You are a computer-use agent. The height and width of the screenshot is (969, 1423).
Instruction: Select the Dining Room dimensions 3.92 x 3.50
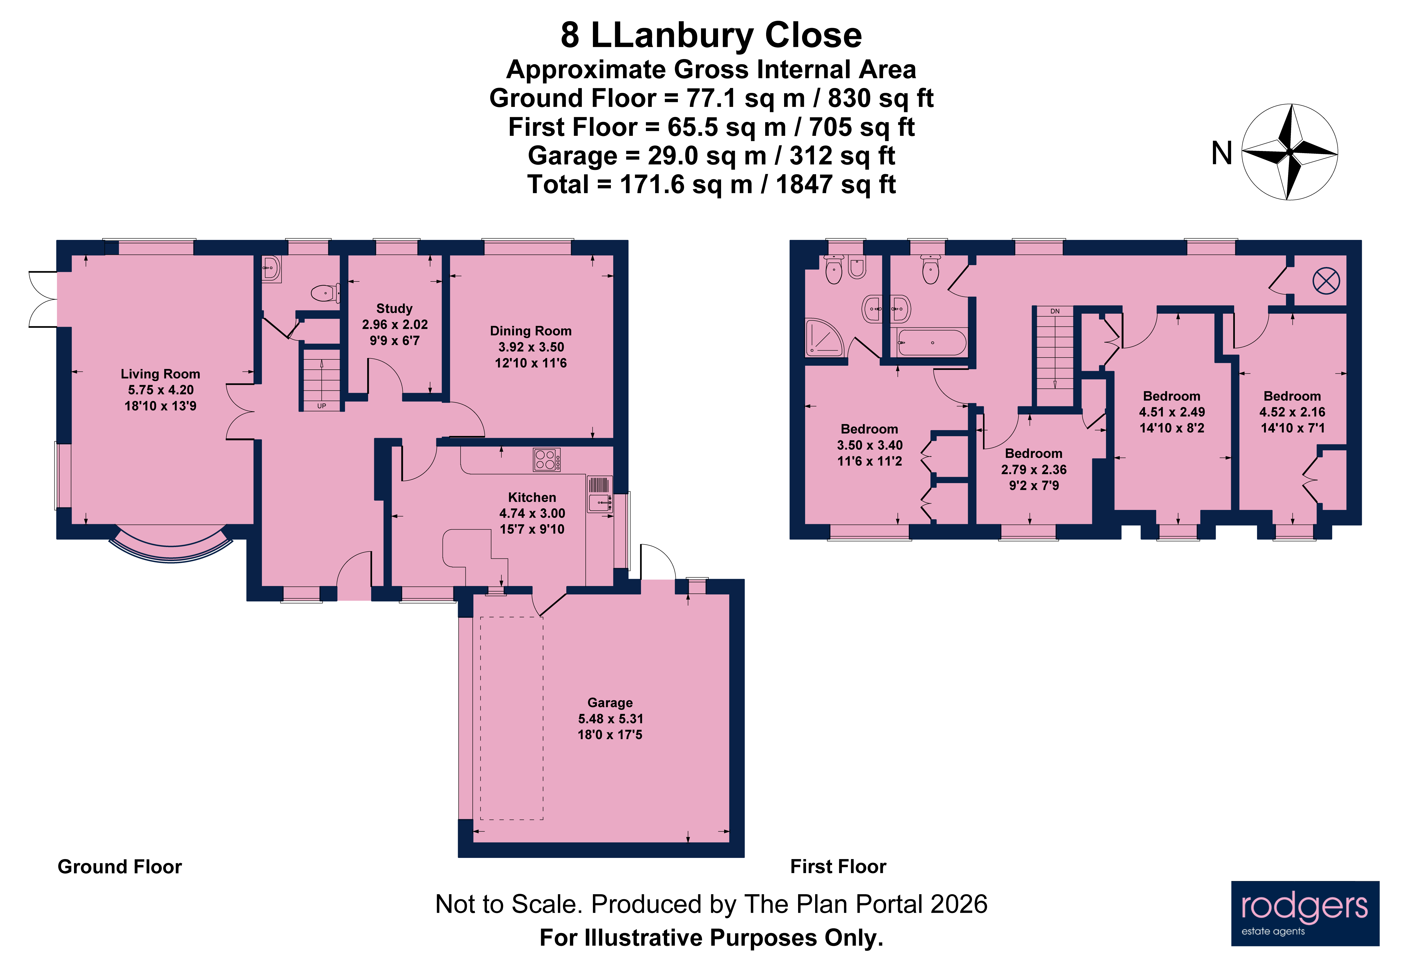[x=531, y=347]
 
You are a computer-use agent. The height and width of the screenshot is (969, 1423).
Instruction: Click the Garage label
[x=610, y=703]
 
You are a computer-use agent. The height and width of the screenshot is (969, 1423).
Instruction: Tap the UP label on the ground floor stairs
[x=321, y=406]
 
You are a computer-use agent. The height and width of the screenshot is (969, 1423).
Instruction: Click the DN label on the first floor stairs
[x=1054, y=312]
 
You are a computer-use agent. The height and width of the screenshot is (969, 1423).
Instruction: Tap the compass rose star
[x=1289, y=152]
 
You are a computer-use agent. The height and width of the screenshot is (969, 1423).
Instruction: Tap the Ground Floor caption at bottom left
[x=120, y=867]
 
